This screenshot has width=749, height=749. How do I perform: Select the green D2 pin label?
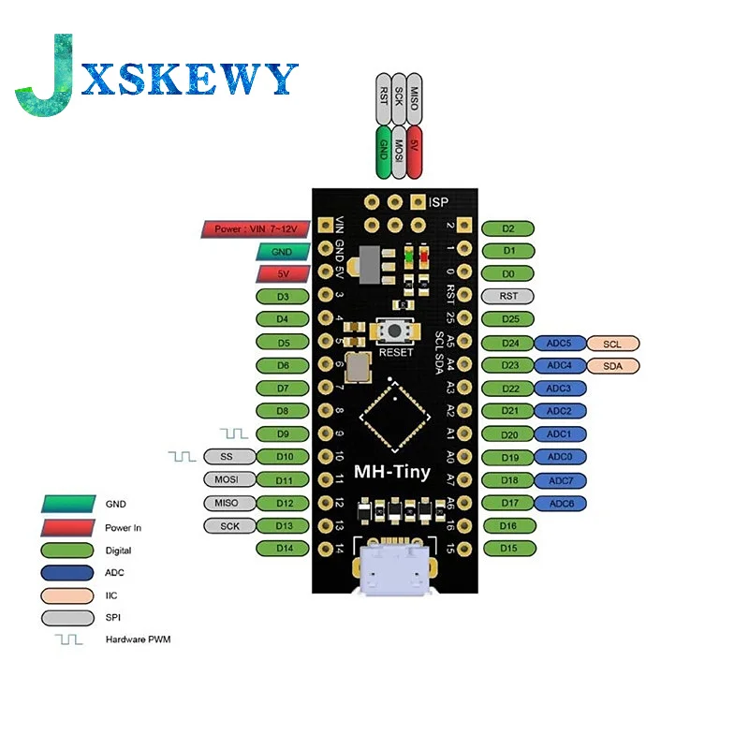507,228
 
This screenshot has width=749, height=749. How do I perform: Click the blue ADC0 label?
560,457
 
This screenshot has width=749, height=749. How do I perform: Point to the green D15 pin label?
507,548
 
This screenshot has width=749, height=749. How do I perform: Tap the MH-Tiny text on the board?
393,471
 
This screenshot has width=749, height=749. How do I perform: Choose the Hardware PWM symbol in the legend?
67,639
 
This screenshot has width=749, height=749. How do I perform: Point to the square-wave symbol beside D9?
234,433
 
